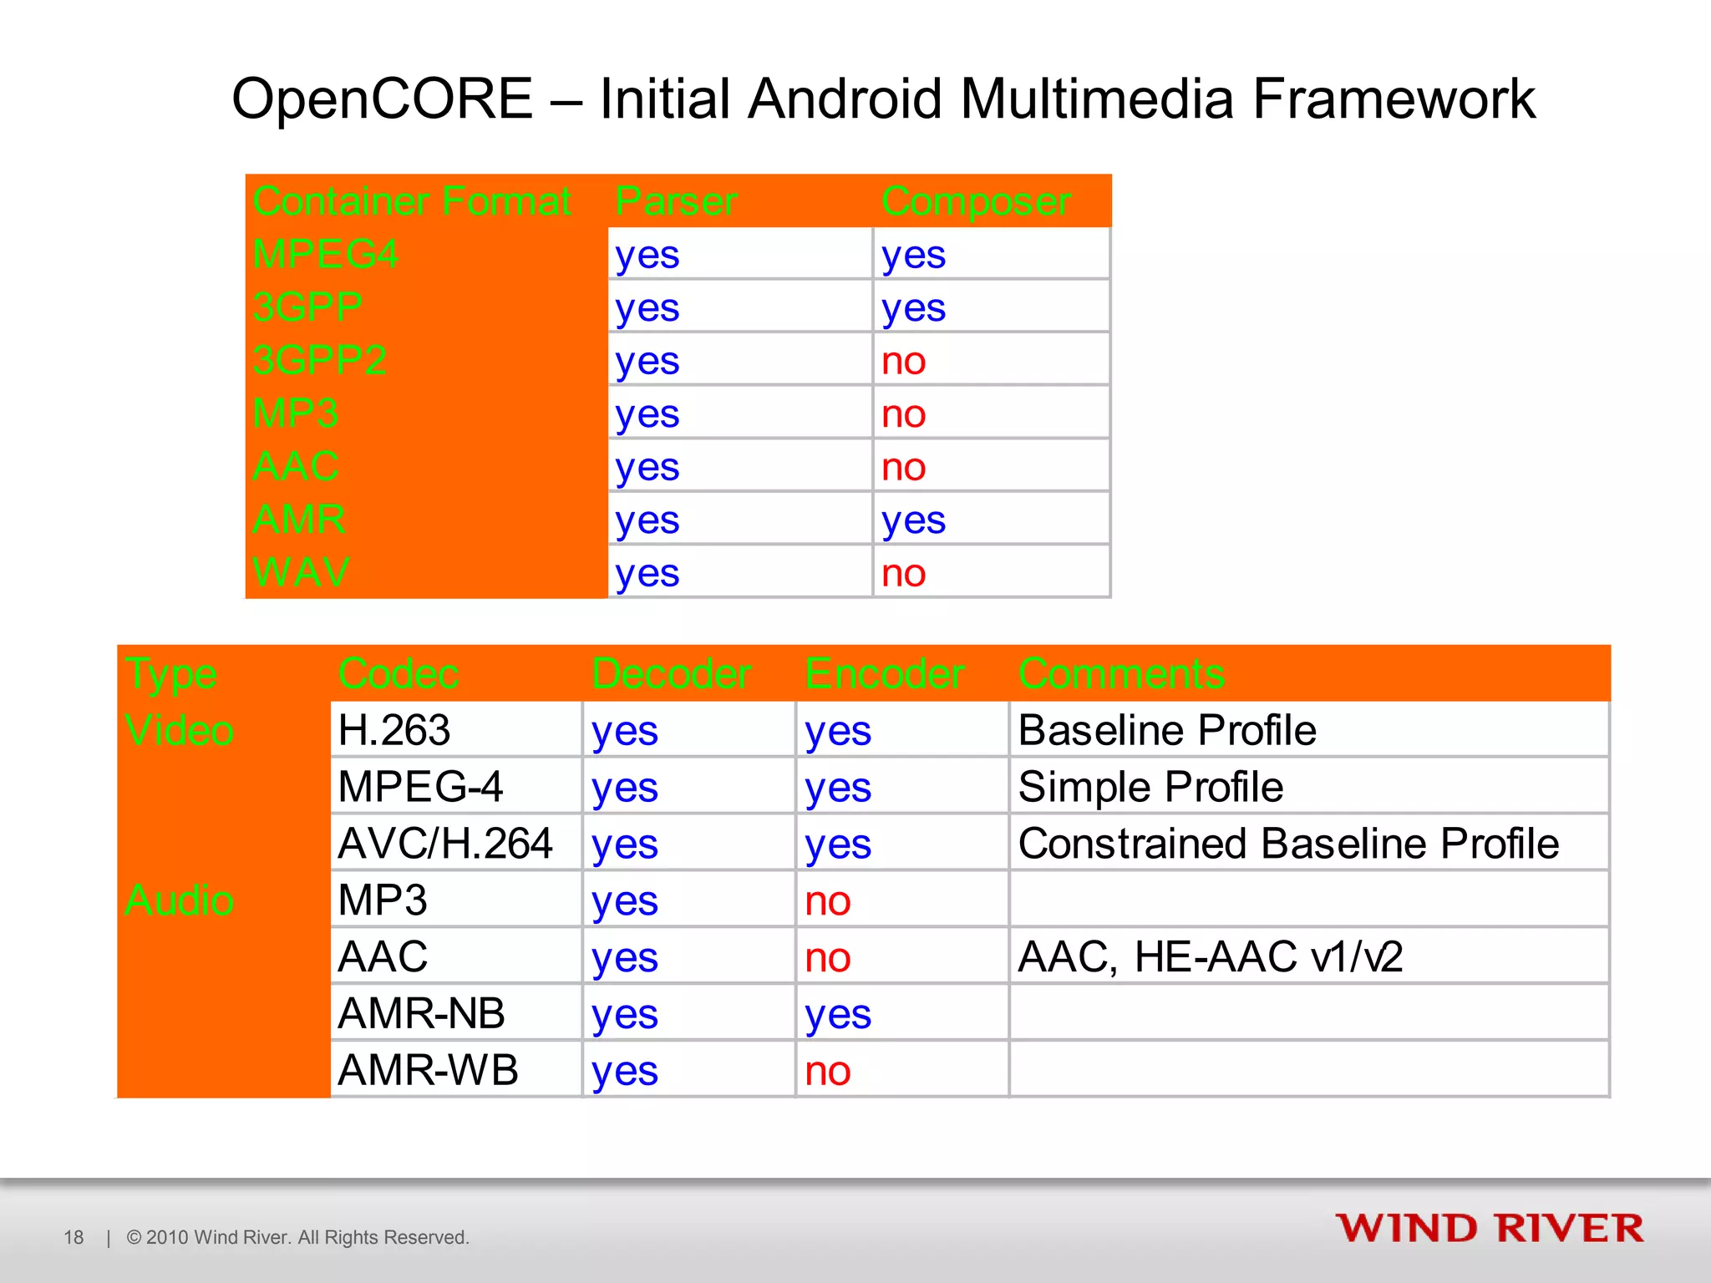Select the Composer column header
[975, 201]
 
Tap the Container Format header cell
[412, 201]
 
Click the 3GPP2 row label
[319, 360]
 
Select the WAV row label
[301, 573]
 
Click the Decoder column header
[671, 673]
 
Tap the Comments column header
[1121, 673]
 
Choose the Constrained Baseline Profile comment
[1287, 844]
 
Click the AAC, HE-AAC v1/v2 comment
[1209, 957]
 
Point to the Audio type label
[179, 900]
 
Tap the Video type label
[179, 730]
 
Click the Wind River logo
[1489, 1229]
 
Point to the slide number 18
[74, 1237]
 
